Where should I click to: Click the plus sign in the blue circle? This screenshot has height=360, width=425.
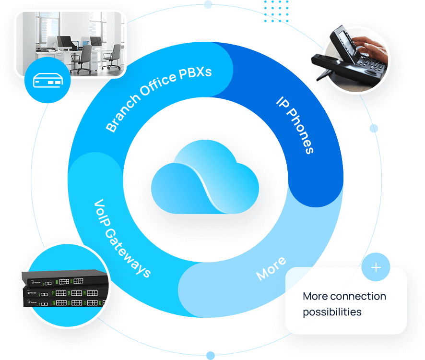(x=376, y=267)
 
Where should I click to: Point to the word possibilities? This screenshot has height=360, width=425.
(x=332, y=312)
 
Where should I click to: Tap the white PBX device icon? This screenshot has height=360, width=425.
(x=47, y=81)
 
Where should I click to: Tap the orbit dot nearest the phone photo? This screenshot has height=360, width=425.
(x=374, y=128)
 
